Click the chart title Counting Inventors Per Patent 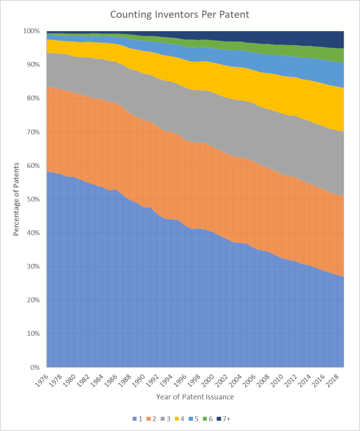[180, 14]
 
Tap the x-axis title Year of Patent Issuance [195, 397]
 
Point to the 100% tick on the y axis [32, 31]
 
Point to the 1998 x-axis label [193, 379]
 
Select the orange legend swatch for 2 [149, 419]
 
